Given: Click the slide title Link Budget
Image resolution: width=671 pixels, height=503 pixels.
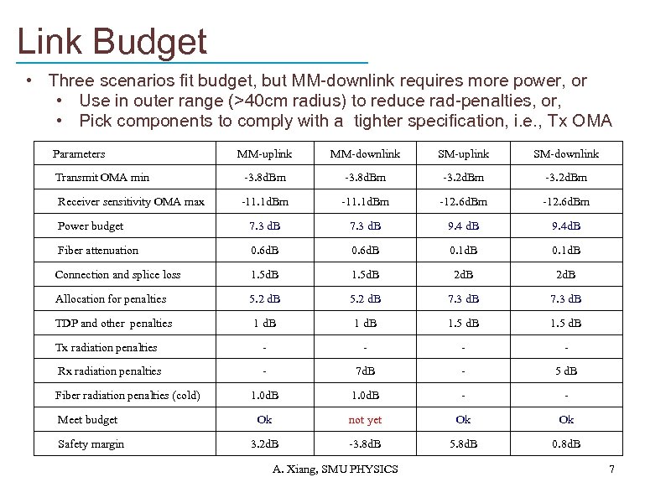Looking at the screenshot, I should point(112,41).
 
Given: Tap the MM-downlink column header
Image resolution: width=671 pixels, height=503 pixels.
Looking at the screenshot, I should point(365,153).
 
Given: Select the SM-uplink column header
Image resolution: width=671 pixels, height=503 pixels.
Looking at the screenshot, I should point(463,153).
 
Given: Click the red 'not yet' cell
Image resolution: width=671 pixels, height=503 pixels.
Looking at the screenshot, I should point(365,420).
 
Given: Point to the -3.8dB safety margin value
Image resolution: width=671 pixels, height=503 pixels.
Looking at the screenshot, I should point(365,444).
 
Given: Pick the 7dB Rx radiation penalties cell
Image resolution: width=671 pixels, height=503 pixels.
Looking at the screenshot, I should point(365,371).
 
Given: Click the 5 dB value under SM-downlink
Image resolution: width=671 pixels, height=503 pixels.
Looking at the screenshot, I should point(566,371).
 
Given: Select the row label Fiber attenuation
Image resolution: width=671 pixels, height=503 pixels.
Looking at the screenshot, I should point(98,251).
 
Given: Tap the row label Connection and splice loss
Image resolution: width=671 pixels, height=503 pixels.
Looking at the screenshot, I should point(117,275).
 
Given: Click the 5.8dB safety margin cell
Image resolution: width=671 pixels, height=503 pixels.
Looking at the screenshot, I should point(463,444).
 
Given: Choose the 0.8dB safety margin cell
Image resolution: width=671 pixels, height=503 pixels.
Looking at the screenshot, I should point(566,444).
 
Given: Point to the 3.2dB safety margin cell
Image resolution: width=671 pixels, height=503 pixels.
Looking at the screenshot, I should point(264,444).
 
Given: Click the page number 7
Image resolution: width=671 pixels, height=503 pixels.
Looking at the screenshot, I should point(612,469).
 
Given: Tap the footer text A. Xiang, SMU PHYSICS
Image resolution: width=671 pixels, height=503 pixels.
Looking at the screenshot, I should point(335,469).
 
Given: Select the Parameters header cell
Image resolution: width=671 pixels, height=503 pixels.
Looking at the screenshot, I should point(79,153).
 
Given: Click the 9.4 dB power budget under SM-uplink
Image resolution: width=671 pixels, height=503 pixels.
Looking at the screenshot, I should point(463,226).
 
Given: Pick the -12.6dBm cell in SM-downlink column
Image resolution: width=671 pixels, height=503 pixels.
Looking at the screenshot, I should point(566,202).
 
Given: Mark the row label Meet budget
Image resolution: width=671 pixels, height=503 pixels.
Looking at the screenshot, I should point(87,420).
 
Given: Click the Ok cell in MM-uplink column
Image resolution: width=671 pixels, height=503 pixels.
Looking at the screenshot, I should point(264,420).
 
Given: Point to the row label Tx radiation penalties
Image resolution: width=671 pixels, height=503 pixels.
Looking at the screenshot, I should point(106,348).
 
